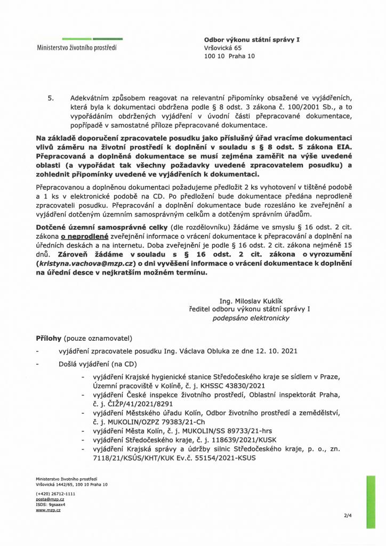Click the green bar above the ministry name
point(92,39)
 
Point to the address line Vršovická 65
point(223,48)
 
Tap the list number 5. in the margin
point(52,99)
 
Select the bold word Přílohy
point(49,339)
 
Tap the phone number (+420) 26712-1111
point(56,494)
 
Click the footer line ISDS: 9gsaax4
point(50,504)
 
